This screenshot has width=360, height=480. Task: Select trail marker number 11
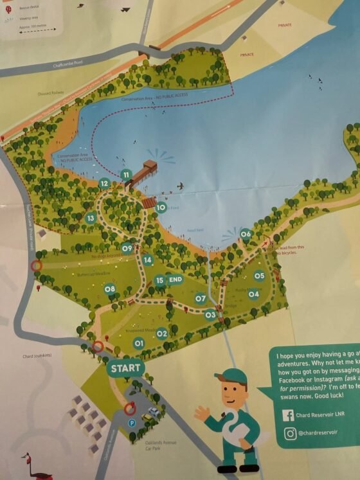126,175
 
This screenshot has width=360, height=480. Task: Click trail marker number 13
91,218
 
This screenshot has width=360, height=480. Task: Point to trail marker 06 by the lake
246,234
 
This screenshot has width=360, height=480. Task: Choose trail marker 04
253,295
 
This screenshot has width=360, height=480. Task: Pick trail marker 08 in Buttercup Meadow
110,289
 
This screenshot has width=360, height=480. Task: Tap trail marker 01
138,343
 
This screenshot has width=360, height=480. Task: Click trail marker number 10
161,208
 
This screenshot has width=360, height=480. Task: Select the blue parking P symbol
132,423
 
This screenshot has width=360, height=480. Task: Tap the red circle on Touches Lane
37,265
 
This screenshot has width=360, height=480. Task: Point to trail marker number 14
148,260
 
